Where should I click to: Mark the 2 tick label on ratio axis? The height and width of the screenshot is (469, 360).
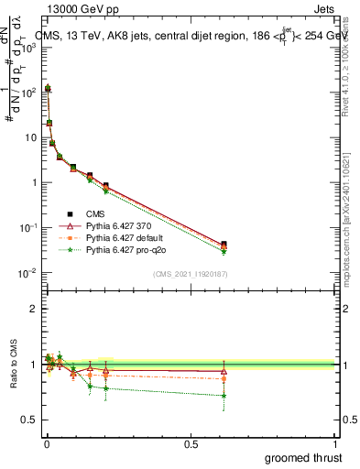[x=35, y=309]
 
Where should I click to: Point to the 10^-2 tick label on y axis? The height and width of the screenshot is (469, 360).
[x=27, y=272]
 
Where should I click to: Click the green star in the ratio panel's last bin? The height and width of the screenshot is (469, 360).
[x=224, y=396]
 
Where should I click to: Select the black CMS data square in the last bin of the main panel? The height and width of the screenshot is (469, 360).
[x=224, y=244]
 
